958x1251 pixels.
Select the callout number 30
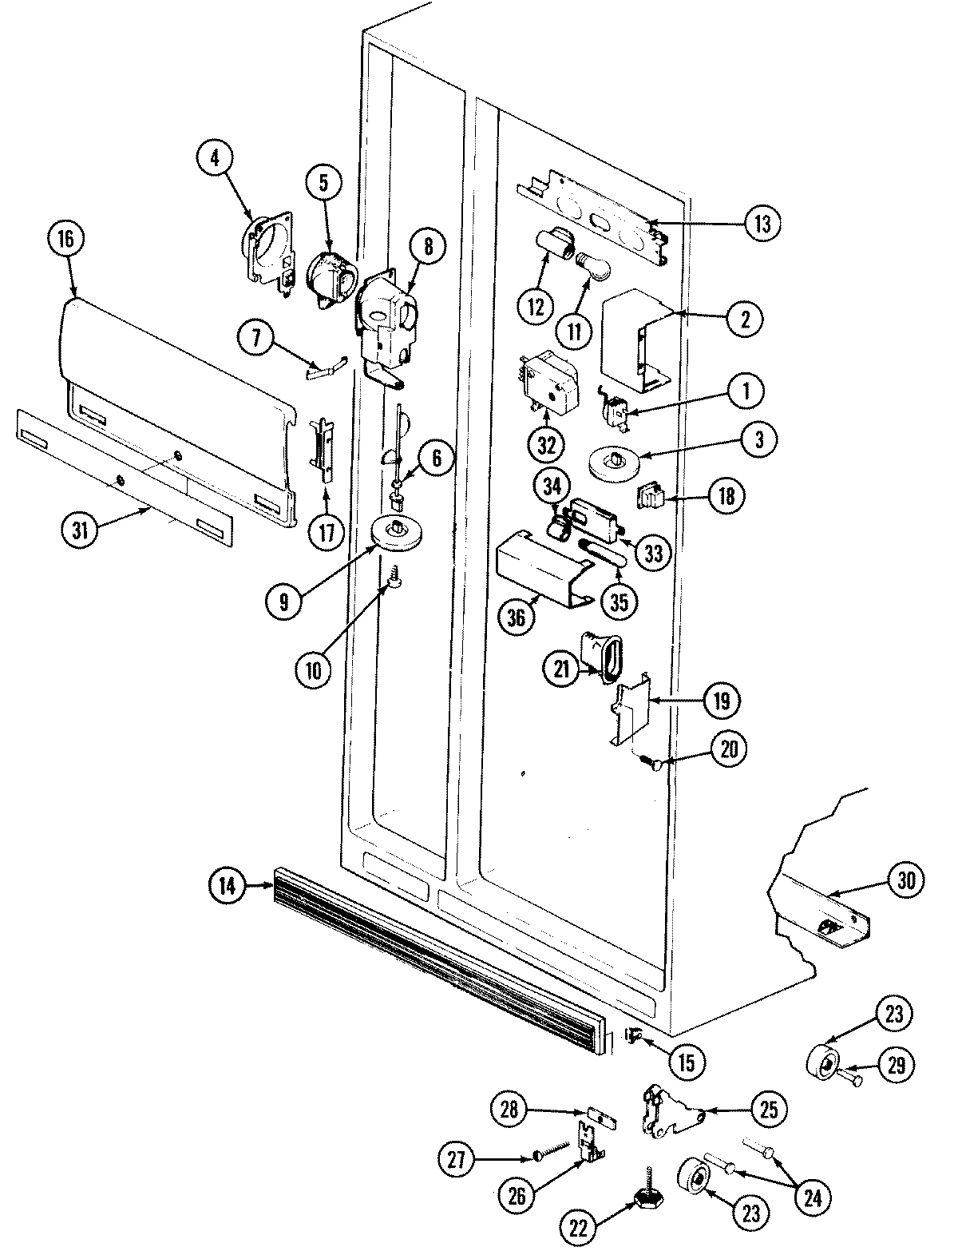coord(903,881)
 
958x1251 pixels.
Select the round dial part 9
coord(395,533)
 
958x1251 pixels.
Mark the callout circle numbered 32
coord(546,445)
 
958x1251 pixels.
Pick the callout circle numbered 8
coord(428,248)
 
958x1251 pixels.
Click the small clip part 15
coord(635,1037)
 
